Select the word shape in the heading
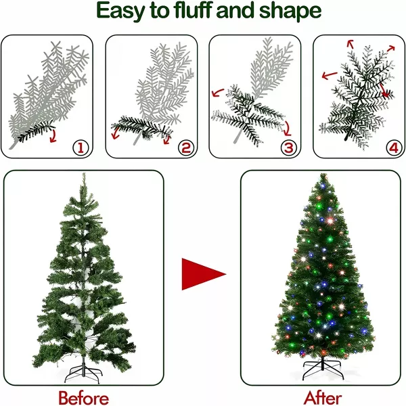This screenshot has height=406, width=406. point(290,12)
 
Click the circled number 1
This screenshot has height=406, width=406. point(81,148)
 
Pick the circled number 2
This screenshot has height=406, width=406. point(185,148)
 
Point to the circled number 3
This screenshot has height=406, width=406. point(289,148)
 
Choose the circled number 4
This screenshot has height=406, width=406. point(394,148)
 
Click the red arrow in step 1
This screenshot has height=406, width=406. point(53,136)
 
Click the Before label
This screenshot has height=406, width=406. point(83,398)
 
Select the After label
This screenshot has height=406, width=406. point(323,398)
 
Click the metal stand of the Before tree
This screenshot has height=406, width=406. point(83,372)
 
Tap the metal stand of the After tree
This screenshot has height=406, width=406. point(323,369)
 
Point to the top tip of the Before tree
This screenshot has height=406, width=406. point(83,173)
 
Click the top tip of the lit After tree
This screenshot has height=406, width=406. point(323,175)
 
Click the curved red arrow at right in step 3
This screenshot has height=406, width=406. point(288,129)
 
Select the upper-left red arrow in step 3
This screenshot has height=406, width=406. point(217,93)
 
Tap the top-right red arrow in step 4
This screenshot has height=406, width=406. point(391,48)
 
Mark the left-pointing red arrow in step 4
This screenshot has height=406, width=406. point(330,75)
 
